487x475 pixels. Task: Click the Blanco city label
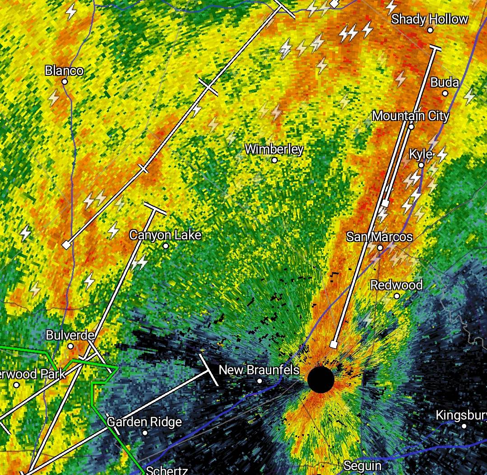pos(64,71)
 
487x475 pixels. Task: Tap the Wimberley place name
pos(274,149)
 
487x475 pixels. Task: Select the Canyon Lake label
pos(165,235)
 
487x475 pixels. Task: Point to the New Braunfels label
pos(259,370)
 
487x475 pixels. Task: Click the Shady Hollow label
pos(430,19)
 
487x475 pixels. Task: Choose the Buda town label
pos(445,83)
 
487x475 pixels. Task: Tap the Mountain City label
pos(411,116)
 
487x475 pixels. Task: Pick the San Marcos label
pos(380,237)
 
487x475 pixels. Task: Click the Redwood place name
pos(396,285)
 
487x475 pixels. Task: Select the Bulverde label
pos(70,335)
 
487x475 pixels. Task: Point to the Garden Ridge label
pos(144,422)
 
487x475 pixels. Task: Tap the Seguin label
pos(362,466)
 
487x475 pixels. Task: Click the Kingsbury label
pos(461,415)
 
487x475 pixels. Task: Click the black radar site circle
pos(321,380)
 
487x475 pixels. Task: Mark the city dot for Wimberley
pos(274,160)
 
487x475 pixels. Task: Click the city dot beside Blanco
pos(65,82)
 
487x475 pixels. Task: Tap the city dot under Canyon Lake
pos(166,246)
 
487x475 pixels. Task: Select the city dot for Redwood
pos(397,296)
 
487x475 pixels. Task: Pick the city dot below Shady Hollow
pos(430,30)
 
